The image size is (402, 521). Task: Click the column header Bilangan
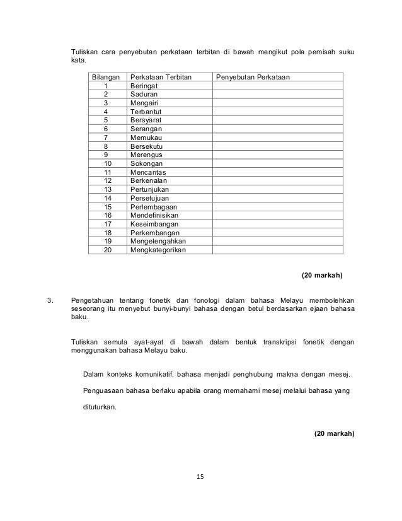tap(106, 76)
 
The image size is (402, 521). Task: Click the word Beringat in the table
tap(144, 85)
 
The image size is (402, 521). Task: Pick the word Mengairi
tap(145, 102)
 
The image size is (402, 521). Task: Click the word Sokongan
tap(146, 163)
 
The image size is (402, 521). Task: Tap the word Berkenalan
tap(149, 180)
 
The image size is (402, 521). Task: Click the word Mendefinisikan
tap(155, 214)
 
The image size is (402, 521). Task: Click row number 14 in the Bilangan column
tap(106, 197)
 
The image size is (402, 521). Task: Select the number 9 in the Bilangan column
tap(106, 154)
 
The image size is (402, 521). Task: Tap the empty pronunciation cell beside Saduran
tap(278, 94)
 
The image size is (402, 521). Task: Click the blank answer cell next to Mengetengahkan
tap(278, 240)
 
